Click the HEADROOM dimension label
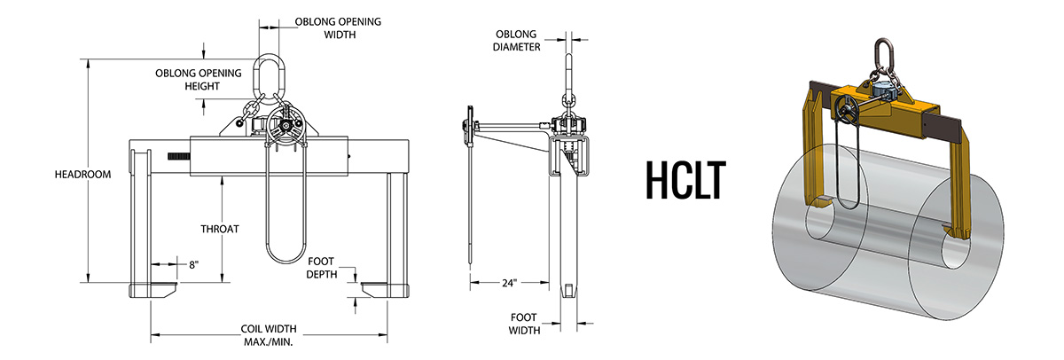(x=82, y=175)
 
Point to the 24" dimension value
(x=507, y=284)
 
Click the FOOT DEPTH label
(x=322, y=268)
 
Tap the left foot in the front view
(x=153, y=289)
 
